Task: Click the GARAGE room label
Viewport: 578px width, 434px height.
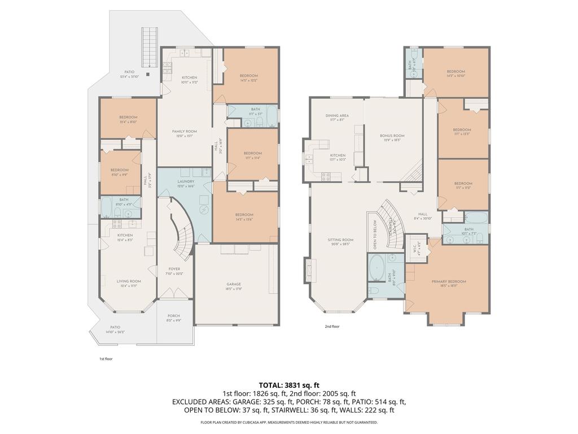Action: click(234, 284)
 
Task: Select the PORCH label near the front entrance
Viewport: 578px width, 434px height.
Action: click(174, 316)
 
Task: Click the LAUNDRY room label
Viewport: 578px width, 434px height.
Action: click(186, 181)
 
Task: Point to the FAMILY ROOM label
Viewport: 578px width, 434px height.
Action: click(184, 131)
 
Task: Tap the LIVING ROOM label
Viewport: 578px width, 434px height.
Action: click(129, 281)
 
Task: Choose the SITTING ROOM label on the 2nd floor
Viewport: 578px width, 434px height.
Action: click(340, 240)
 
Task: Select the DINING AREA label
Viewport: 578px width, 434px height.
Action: click(337, 115)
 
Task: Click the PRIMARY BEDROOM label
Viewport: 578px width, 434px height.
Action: click(449, 281)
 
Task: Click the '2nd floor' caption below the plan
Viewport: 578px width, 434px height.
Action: click(332, 326)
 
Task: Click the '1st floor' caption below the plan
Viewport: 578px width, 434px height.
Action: click(106, 358)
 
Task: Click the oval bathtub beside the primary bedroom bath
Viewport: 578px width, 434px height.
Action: click(376, 266)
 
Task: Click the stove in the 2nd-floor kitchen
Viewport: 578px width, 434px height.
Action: click(326, 176)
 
